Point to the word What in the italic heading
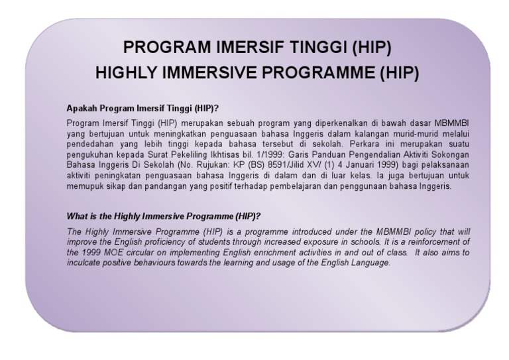click(77, 217)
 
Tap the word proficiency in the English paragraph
click(151, 242)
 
